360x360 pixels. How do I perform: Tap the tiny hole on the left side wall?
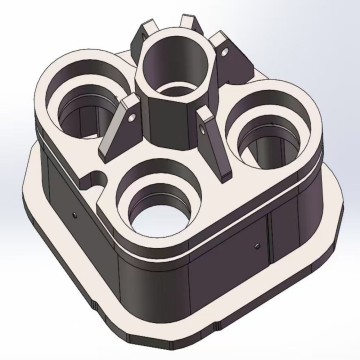74,213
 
